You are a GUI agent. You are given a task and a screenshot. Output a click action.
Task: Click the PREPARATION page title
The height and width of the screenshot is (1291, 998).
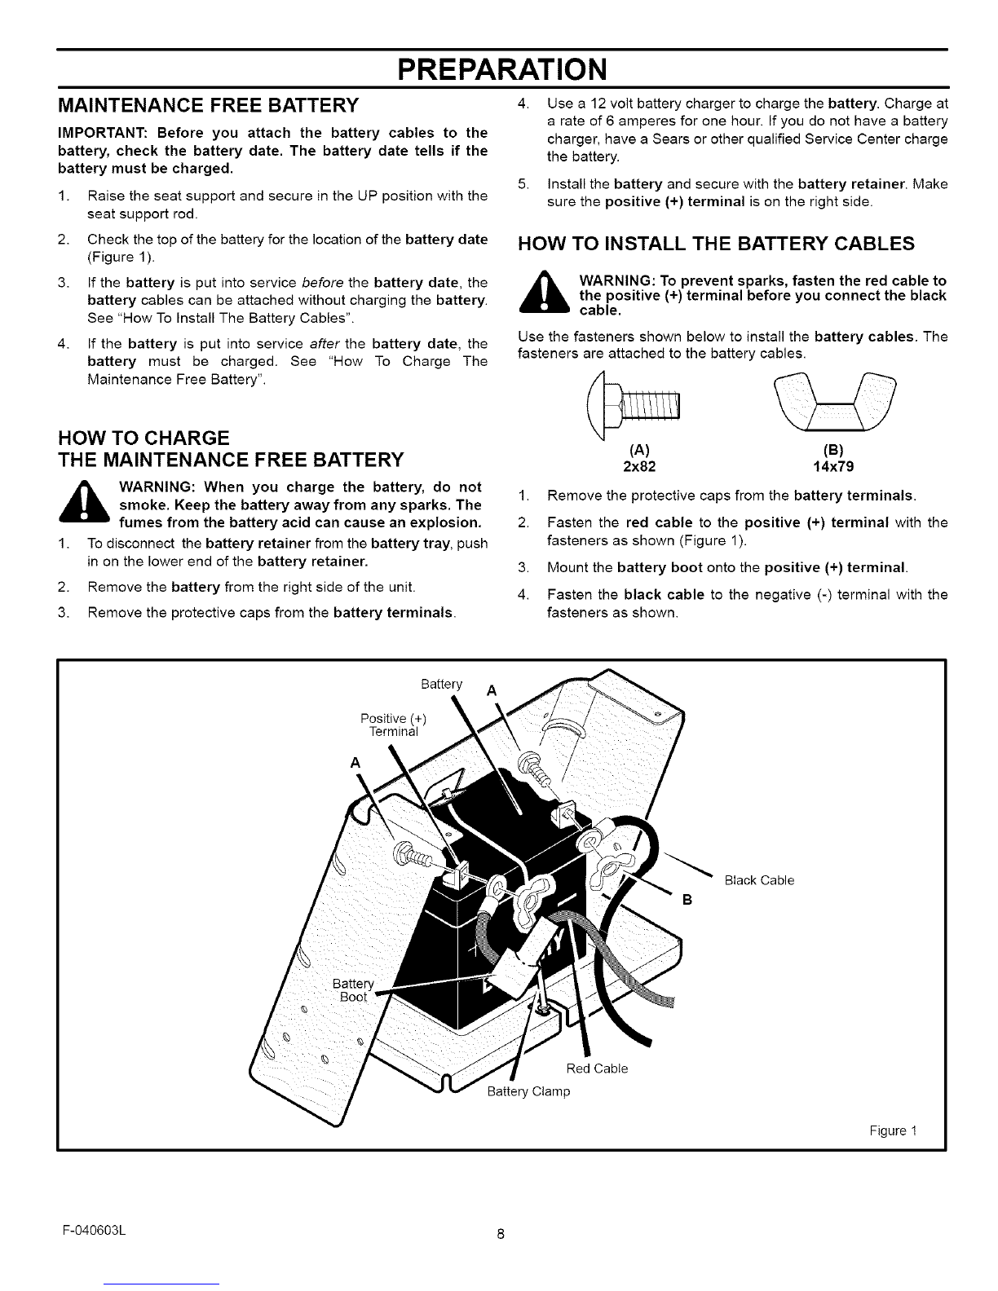(502, 69)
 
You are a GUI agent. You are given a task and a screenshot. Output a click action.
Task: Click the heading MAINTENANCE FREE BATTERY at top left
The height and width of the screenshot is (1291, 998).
(209, 105)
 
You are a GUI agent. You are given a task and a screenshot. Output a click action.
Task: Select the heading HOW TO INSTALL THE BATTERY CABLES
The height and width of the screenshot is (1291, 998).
(716, 244)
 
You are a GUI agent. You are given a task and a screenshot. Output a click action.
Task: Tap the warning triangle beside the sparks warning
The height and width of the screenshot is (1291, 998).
(544, 292)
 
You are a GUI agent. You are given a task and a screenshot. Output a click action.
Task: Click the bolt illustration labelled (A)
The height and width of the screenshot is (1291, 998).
(633, 405)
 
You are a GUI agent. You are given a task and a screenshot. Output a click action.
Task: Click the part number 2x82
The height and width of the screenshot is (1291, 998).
(639, 466)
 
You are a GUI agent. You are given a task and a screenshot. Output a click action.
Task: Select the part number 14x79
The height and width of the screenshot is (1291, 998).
(833, 466)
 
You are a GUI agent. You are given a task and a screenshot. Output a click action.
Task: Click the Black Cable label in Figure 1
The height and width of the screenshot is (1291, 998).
(759, 880)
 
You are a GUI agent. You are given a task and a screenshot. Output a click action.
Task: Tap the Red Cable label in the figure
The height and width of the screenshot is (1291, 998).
(597, 1068)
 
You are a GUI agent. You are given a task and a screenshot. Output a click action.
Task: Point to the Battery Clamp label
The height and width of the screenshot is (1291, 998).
(528, 1091)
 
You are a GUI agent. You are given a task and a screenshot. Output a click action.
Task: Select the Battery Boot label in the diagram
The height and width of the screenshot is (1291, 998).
(353, 990)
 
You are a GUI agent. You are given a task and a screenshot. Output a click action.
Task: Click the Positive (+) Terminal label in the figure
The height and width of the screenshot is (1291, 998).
(394, 725)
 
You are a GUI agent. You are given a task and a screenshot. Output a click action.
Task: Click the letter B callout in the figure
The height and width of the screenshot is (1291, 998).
(687, 900)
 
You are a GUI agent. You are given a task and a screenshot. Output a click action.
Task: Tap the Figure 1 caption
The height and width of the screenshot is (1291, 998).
(894, 1130)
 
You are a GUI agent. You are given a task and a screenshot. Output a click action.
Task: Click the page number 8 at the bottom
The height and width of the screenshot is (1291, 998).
(501, 1234)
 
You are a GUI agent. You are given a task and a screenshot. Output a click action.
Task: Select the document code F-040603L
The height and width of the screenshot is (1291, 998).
(95, 1231)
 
